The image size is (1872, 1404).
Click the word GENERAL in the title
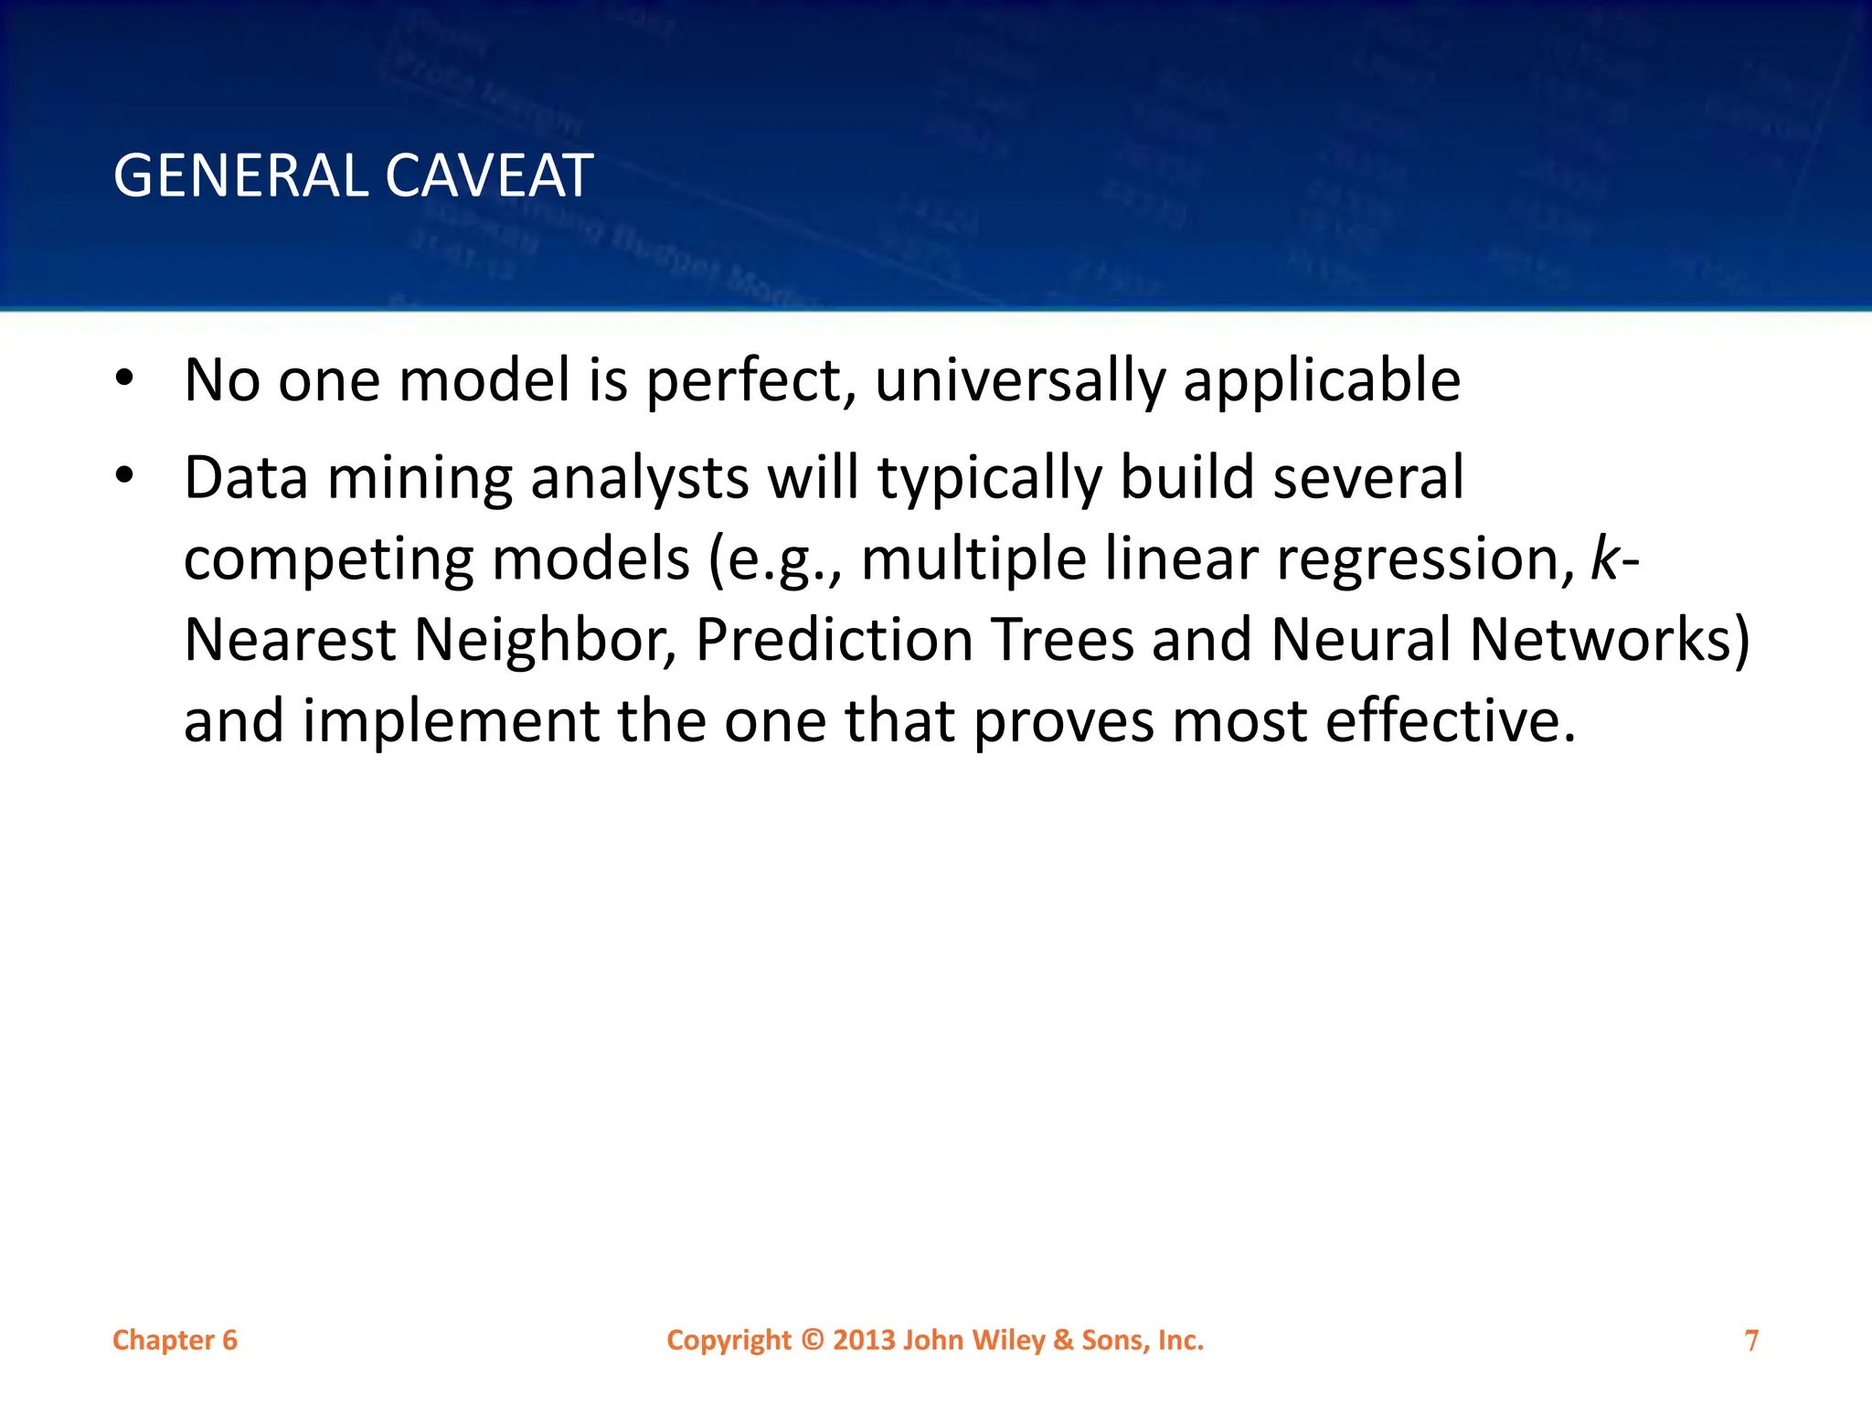pos(239,175)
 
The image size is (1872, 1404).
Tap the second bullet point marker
pos(125,475)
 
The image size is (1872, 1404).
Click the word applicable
pos(1322,380)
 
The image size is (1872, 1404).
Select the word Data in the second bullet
pos(246,478)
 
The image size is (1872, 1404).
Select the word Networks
pos(1598,639)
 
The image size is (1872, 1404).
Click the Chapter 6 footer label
pos(175,1340)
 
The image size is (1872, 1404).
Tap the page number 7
pos(1751,1340)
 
